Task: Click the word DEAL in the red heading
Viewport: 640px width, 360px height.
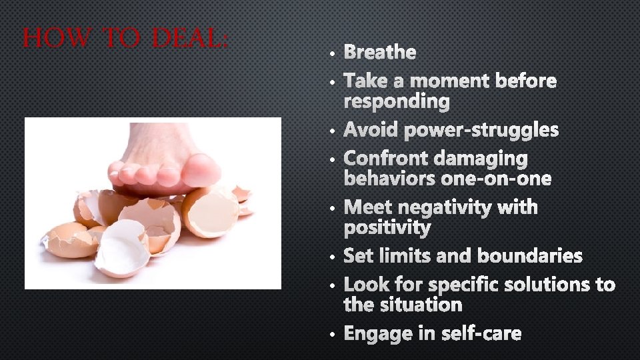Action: coord(190,38)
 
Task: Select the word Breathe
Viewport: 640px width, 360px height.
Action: coord(380,52)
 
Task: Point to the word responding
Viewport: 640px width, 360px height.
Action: coord(397,102)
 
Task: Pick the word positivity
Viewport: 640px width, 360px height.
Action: coord(387,229)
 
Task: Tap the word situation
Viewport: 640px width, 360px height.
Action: coord(422,305)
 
